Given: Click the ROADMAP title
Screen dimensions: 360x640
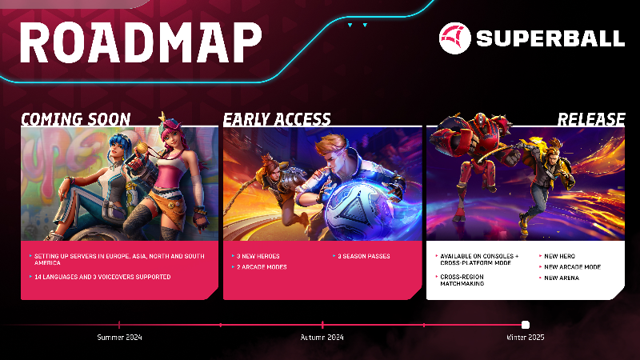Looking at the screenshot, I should tap(139, 38).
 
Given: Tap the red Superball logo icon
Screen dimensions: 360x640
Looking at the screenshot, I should tap(454, 38).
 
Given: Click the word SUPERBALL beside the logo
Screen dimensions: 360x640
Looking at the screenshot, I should tap(550, 38).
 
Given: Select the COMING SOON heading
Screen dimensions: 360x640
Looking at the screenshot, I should tap(75, 119).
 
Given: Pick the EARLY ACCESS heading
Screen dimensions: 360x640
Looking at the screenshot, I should tap(277, 119).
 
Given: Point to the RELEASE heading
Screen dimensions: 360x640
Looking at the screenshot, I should tap(591, 119).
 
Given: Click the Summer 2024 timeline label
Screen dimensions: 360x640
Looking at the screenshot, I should tap(119, 338).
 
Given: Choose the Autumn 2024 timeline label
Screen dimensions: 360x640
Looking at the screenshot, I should tap(322, 338).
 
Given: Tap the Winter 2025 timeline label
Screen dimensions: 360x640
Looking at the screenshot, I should tap(525, 338).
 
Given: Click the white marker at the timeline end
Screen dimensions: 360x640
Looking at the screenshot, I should tap(526, 325).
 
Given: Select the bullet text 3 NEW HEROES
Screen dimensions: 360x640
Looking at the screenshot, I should tap(258, 256).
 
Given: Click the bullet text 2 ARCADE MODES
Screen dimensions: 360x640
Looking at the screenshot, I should tap(261, 266).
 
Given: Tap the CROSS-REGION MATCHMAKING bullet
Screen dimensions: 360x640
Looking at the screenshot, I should tap(465, 280).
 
